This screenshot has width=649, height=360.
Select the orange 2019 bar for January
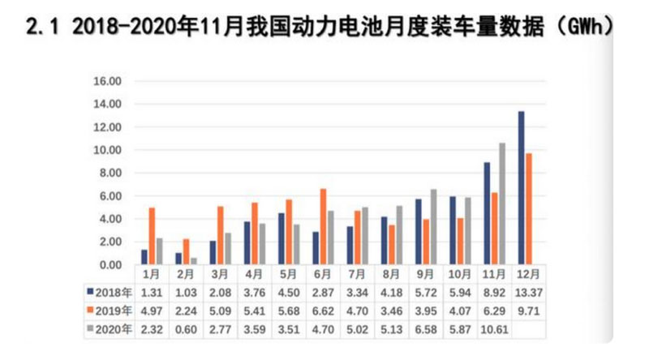(152, 236)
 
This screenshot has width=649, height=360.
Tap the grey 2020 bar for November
(502, 204)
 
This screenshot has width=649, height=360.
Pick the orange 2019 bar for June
(324, 226)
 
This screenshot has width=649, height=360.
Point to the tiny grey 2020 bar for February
(195, 261)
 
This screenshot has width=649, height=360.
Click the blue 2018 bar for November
(486, 213)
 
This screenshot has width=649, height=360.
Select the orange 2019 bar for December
(529, 208)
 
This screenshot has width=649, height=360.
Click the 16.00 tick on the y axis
(106, 82)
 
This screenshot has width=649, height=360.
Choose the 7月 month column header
(356, 276)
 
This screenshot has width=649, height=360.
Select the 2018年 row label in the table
(110, 292)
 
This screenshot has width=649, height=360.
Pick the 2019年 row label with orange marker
(110, 311)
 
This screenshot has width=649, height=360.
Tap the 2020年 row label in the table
(110, 329)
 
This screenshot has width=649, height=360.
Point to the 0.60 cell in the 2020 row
(186, 329)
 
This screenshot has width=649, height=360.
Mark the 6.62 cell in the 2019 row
(323, 311)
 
